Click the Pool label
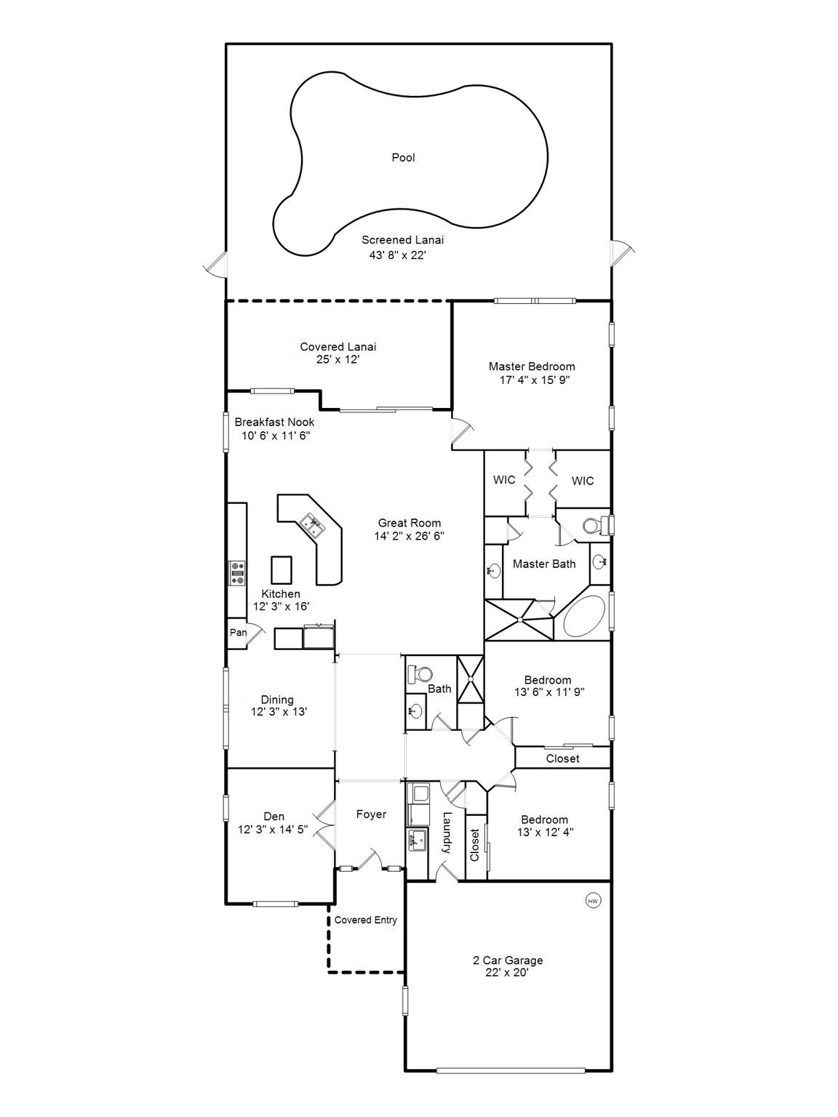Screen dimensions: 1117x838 [403, 158]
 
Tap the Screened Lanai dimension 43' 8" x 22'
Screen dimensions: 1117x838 [397, 255]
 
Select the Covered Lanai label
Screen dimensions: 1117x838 [338, 347]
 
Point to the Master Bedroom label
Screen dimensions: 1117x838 [532, 367]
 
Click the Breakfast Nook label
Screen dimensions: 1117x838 [274, 422]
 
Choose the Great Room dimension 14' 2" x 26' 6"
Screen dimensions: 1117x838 [409, 536]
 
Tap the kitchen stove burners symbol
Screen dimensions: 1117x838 [237, 573]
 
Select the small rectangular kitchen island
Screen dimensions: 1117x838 [282, 570]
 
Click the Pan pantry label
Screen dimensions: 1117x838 [238, 633]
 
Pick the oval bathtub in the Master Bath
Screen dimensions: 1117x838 [584, 617]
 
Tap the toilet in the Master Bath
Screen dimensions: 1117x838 [594, 525]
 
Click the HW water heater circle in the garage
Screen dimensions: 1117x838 [593, 901]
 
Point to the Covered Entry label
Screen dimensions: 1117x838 [365, 920]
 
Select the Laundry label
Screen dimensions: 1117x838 [447, 833]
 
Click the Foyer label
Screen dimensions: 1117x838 [371, 814]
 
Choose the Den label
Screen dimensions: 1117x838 [274, 817]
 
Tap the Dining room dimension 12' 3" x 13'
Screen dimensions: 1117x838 [279, 712]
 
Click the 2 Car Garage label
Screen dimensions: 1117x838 [508, 960]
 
